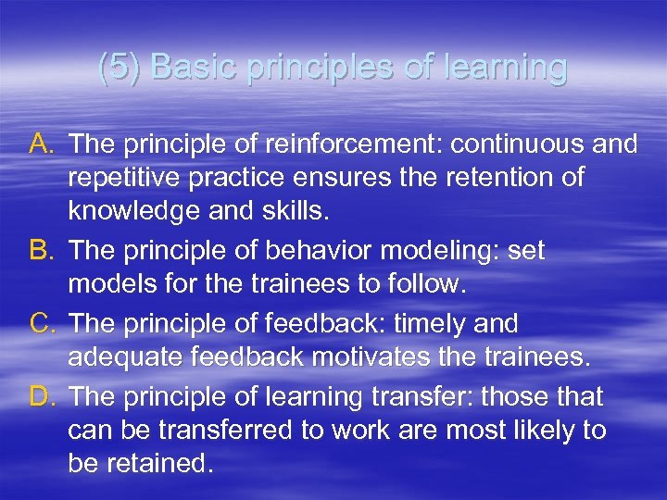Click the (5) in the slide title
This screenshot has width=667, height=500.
(120, 68)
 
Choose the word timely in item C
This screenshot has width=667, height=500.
(430, 324)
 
